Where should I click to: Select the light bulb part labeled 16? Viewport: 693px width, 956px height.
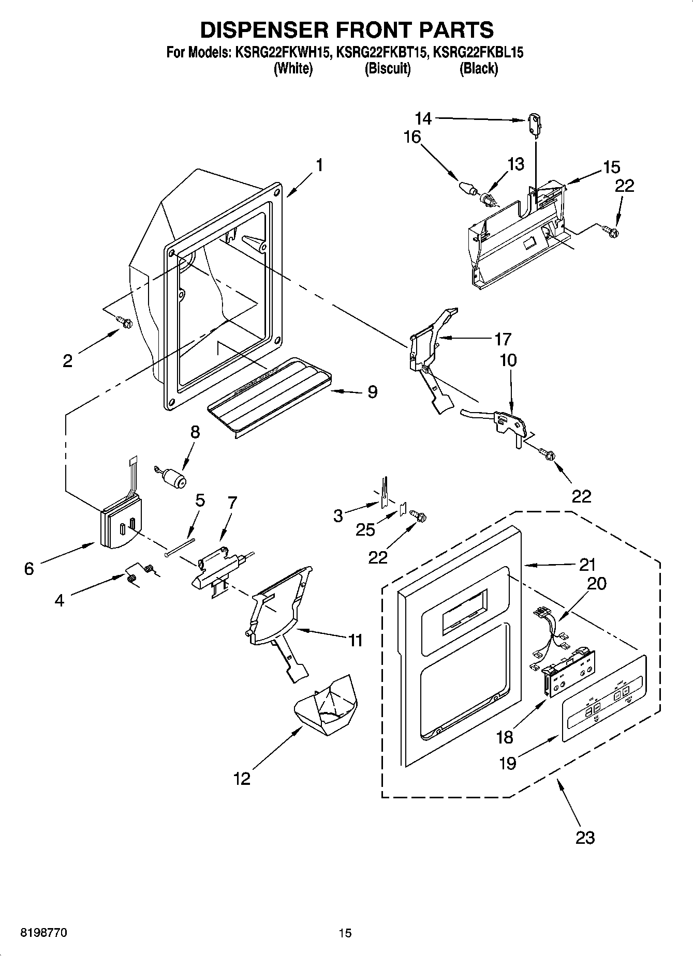coord(467,188)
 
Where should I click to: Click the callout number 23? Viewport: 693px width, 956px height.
coord(585,837)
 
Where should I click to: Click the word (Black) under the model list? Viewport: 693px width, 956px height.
coord(478,68)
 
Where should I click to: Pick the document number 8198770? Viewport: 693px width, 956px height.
coord(43,933)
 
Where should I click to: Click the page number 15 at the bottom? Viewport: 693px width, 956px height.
coord(345,933)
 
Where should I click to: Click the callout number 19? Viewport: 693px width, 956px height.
coord(508,763)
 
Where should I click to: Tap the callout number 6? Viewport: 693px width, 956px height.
coord(28,569)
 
